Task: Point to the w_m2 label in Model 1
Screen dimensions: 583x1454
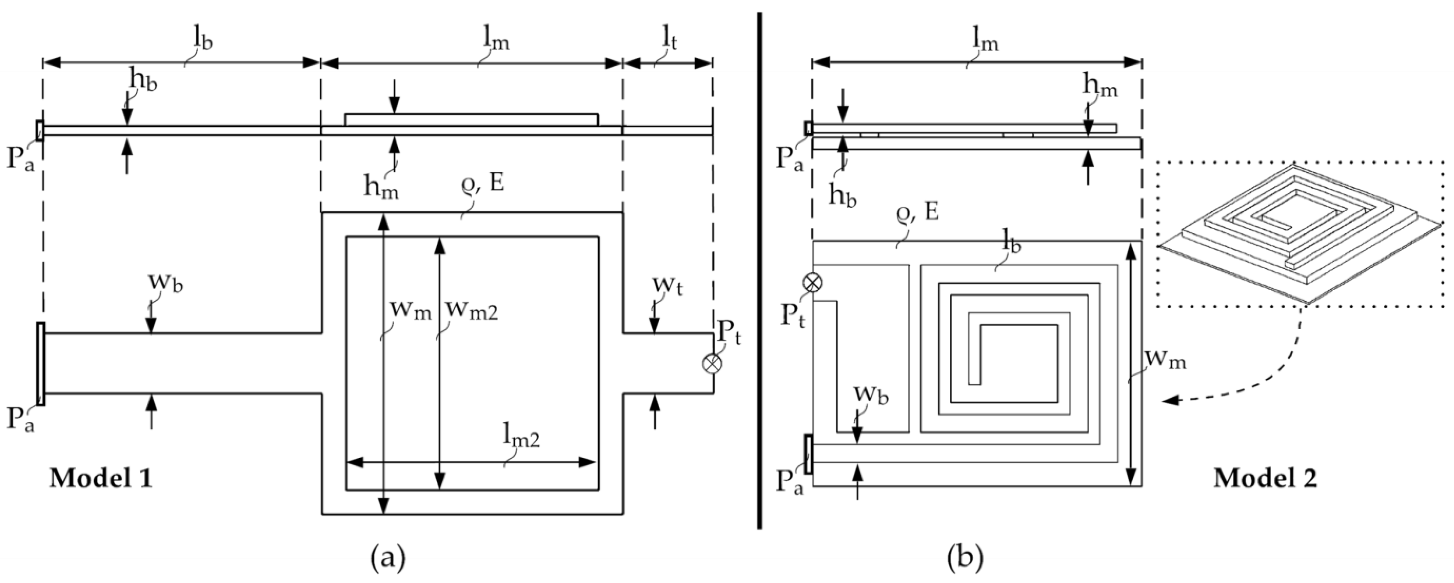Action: [x=471, y=310]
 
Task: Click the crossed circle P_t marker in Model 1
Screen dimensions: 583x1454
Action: [x=712, y=363]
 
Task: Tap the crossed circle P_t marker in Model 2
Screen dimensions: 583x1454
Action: [x=813, y=282]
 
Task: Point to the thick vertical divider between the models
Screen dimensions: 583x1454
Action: [x=760, y=271]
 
